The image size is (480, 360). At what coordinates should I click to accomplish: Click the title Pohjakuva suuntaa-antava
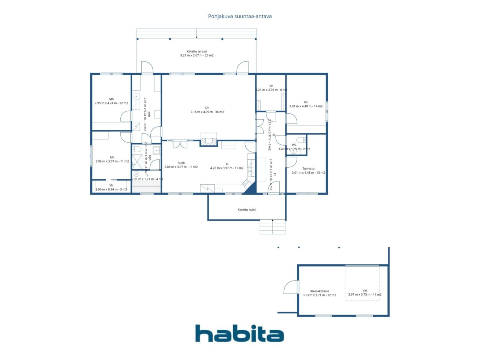tap(240, 16)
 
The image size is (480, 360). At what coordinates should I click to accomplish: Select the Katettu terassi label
tap(197, 51)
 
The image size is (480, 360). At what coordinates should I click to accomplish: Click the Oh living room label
tap(207, 108)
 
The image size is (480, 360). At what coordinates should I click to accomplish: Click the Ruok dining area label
tap(181, 163)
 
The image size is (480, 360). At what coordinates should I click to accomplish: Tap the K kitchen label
tap(226, 164)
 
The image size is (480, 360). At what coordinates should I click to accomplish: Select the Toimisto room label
tap(308, 169)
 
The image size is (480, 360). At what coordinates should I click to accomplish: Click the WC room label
tap(294, 145)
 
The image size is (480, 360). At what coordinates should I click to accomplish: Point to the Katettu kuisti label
tap(247, 210)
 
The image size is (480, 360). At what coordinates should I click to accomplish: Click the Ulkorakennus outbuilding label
tap(319, 291)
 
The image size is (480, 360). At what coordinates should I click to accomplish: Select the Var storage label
tap(365, 290)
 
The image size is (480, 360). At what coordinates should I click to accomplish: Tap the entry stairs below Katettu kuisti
tap(273, 227)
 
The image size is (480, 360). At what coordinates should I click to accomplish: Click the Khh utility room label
tap(149, 114)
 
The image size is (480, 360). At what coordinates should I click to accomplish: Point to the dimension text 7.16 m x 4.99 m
tap(207, 112)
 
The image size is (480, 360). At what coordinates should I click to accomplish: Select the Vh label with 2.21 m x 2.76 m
tap(271, 86)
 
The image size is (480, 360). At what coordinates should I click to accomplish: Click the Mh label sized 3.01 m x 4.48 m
tap(306, 102)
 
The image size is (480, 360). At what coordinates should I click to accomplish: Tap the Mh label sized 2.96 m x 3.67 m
tap(112, 157)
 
